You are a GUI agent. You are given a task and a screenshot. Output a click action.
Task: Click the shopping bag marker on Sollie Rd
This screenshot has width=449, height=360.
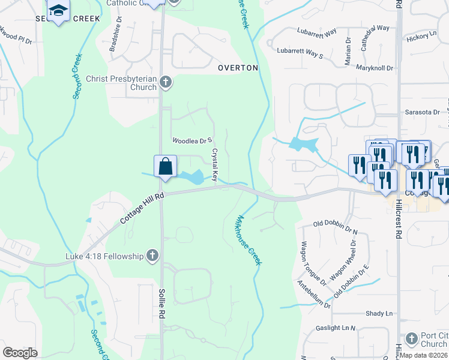click(x=165, y=166)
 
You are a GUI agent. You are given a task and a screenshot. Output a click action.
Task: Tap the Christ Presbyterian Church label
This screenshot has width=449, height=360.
click(x=122, y=83)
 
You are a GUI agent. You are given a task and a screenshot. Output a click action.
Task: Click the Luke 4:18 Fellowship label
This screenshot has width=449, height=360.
click(x=104, y=257)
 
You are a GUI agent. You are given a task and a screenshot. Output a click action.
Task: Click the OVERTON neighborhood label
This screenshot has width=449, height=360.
click(x=238, y=68)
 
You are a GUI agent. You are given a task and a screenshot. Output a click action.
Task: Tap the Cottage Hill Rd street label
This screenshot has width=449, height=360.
click(x=142, y=208)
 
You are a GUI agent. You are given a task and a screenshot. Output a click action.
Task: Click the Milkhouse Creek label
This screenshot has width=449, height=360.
click(x=250, y=240)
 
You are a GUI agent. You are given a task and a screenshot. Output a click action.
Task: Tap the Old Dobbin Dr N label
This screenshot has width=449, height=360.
click(x=336, y=226)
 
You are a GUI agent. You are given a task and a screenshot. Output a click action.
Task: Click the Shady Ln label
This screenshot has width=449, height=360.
click(x=379, y=314)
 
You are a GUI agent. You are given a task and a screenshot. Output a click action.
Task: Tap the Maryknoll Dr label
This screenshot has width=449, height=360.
click(x=374, y=68)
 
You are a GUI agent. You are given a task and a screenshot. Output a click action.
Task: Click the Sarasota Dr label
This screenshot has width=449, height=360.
click(x=421, y=112)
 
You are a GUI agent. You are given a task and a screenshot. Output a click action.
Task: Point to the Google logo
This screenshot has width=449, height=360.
click(x=20, y=353)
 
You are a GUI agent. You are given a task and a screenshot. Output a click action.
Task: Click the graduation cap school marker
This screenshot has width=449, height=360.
click(x=58, y=11)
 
